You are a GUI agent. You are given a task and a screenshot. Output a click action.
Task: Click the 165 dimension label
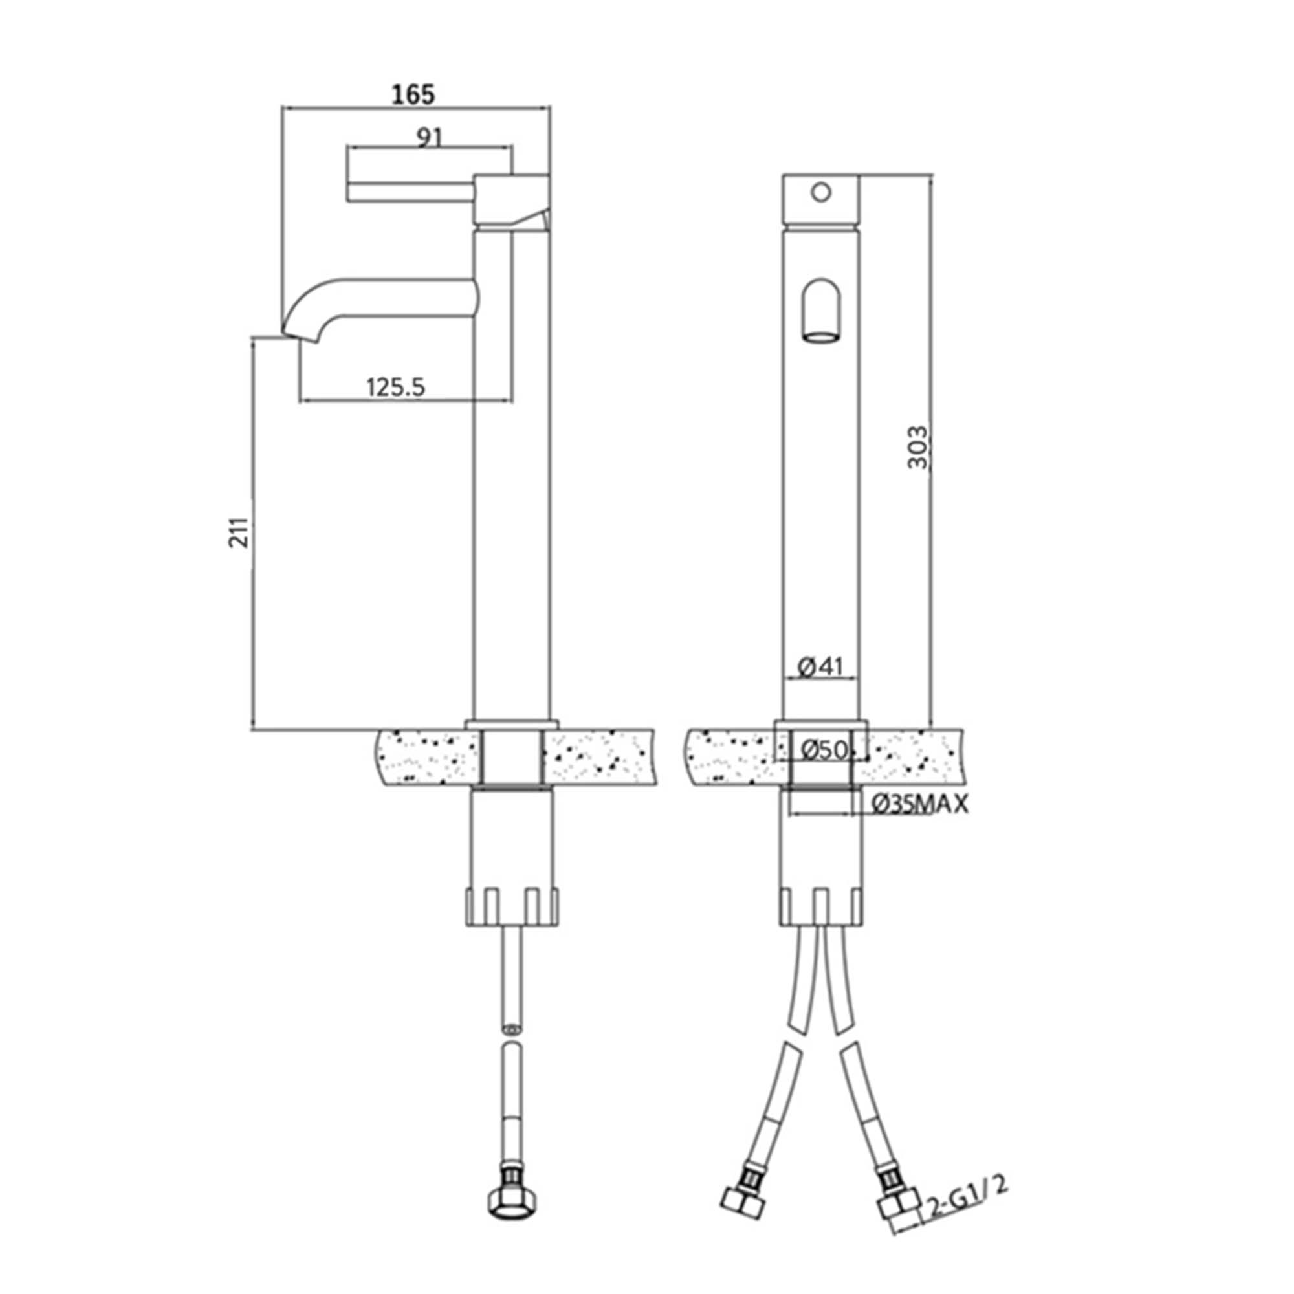[413, 94]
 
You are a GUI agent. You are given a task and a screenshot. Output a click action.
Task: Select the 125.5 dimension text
[396, 387]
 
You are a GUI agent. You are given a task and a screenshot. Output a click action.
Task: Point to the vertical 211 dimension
[239, 532]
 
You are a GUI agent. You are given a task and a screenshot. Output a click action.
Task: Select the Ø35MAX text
[920, 804]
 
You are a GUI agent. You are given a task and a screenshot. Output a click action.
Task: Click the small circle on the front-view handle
[820, 193]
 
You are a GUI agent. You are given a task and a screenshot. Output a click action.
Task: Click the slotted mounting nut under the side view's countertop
[512, 907]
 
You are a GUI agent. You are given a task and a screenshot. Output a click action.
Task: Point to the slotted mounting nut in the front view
[821, 907]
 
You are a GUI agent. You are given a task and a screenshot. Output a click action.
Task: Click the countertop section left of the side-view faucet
[429, 758]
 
